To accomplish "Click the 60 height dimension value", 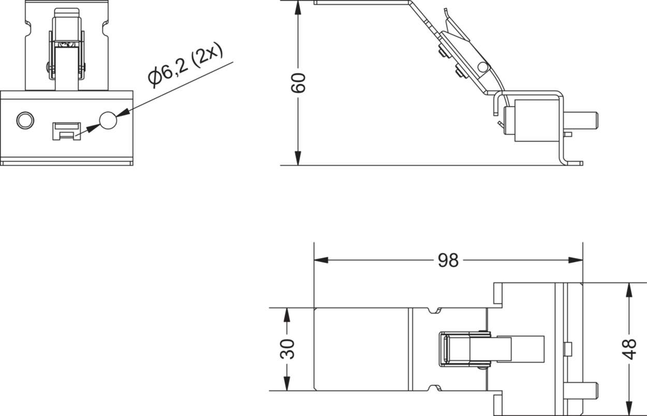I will [x=298, y=83].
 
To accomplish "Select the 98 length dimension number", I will [x=448, y=260].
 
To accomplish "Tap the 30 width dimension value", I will [x=287, y=349].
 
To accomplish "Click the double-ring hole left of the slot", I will [x=24, y=120].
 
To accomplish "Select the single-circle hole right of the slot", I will [x=108, y=120].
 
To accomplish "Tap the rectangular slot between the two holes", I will [x=66, y=130].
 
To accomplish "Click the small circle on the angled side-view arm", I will [x=483, y=67].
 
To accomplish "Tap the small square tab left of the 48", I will [x=567, y=349].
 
